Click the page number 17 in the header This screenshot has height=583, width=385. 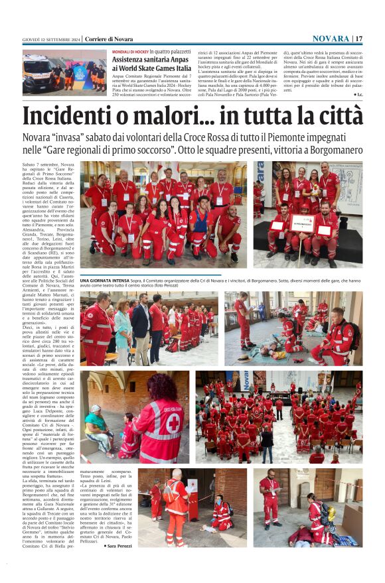point(359,38)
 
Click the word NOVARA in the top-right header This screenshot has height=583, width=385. point(331,38)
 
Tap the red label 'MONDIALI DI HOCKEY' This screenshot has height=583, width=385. point(129,51)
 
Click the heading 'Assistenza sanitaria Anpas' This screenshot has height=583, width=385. point(151,59)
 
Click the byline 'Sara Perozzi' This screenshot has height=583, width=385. point(120,545)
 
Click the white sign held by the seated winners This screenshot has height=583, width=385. point(303,223)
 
